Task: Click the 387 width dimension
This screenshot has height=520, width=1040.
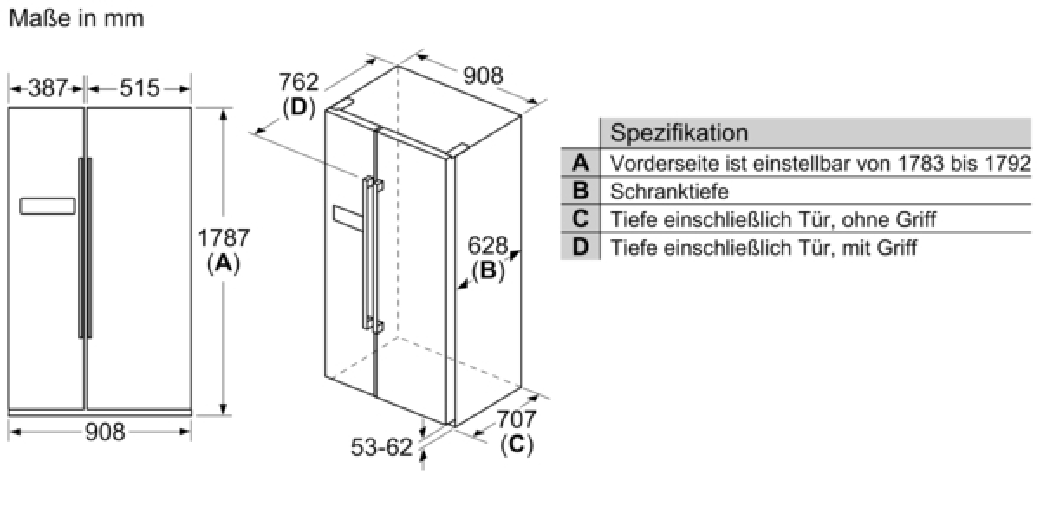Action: (x=49, y=88)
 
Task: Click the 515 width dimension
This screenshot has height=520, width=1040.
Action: (x=140, y=88)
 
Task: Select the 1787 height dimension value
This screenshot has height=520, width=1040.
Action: (x=224, y=237)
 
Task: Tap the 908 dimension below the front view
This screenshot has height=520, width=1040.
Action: (x=105, y=432)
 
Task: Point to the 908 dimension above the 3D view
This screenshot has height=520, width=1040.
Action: (x=483, y=75)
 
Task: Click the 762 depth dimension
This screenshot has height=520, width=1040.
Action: (x=298, y=82)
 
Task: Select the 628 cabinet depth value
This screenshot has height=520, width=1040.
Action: (x=487, y=245)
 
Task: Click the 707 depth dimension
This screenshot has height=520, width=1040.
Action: (x=517, y=419)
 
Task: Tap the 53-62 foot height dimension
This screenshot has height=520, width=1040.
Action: (x=381, y=447)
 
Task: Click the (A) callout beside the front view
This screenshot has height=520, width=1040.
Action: (x=224, y=264)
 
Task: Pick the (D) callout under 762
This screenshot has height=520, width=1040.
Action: (x=298, y=107)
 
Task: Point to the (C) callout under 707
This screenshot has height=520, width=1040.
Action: (x=517, y=445)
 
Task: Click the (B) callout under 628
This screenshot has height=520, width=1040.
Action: (x=488, y=270)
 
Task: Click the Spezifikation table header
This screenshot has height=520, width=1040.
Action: (x=679, y=133)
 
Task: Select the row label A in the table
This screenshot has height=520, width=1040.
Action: (x=581, y=163)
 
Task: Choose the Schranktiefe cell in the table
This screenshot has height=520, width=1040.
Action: (x=669, y=192)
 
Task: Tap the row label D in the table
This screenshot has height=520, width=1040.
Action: (x=581, y=247)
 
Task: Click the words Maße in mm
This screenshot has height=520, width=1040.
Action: (x=76, y=18)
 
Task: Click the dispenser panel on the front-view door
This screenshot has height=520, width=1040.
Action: (x=48, y=206)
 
